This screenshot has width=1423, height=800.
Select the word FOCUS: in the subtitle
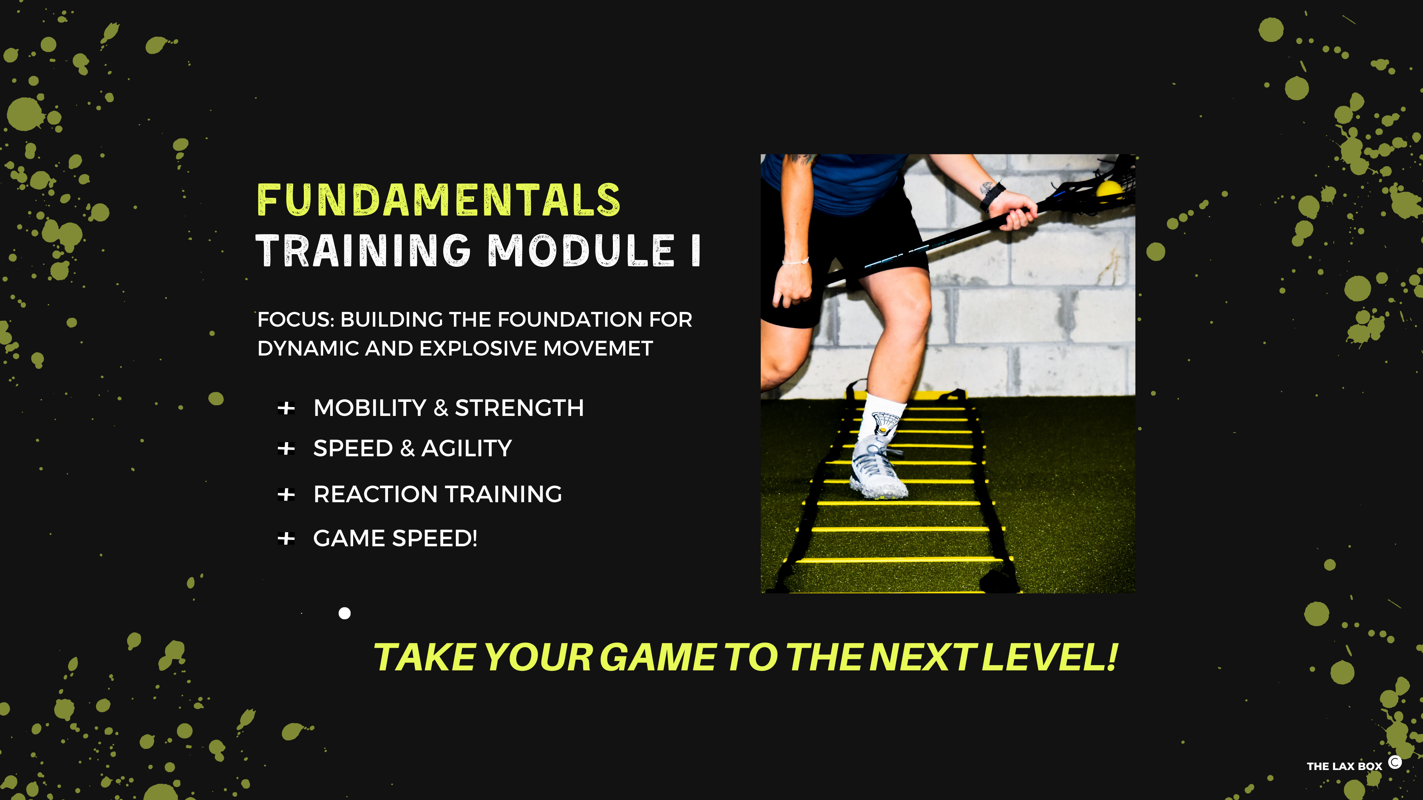296,320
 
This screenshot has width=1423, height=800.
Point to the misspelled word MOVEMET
598,349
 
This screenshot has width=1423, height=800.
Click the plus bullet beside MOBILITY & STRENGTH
286,409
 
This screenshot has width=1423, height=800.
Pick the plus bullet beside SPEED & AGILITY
286,448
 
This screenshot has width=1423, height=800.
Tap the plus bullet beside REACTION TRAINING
286,494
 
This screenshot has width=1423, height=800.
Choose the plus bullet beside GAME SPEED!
286,538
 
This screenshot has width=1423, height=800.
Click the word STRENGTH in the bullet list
519,409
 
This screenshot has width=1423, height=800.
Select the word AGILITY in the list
467,448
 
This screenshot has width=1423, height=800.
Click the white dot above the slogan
345,613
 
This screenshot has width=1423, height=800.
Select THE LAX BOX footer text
1344,766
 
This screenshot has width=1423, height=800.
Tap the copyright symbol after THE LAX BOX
1395,763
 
